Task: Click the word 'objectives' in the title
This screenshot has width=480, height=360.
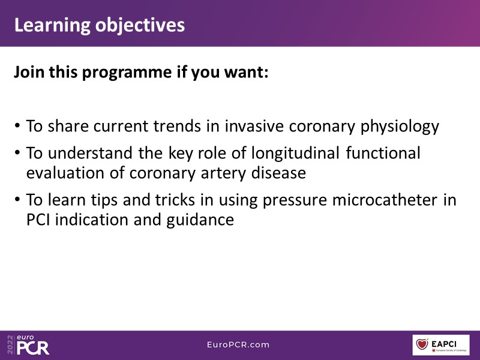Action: pos(140,25)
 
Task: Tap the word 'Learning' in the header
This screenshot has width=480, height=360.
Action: pos(52,26)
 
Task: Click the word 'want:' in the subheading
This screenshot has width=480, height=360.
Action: pos(246,72)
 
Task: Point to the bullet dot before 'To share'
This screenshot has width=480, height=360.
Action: pos(17,126)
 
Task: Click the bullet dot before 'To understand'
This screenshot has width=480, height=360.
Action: pos(17,153)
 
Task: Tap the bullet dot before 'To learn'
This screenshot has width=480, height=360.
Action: pos(17,200)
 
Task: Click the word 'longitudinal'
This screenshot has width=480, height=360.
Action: pos(295,154)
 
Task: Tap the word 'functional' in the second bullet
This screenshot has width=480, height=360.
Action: pos(383,152)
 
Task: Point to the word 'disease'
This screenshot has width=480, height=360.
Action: pos(278,173)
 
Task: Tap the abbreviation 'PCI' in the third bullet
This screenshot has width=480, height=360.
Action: pos(38,220)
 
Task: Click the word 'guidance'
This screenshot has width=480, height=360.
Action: pos(200,220)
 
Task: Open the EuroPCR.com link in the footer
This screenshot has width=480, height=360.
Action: pos(238,344)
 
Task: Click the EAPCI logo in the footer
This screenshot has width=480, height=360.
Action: pos(441,345)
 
